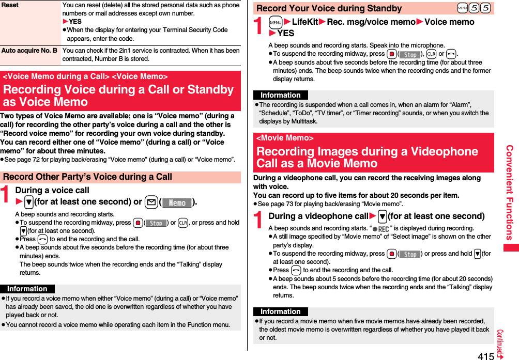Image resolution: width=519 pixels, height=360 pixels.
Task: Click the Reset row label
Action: tap(10, 5)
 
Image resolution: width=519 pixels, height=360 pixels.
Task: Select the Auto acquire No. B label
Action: tap(29, 51)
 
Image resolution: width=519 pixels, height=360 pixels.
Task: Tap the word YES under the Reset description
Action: tap(75, 22)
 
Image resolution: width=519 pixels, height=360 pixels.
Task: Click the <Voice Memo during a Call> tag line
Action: tap(85, 76)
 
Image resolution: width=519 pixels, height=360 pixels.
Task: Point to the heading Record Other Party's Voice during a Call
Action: tap(87, 177)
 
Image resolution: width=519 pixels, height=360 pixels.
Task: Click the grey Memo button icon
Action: tap(177, 202)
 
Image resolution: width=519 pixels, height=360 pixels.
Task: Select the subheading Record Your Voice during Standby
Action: tap(329, 8)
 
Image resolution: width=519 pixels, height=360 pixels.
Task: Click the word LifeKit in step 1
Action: tap(305, 22)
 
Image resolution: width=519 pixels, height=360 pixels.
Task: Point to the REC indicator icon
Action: tap(381, 229)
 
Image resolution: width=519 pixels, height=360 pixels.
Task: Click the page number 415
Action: tap(485, 355)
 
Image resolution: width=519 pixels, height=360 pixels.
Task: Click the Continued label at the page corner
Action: tap(501, 343)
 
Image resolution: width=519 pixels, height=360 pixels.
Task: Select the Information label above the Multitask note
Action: tap(281, 95)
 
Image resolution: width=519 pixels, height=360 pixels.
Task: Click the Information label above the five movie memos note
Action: tap(281, 311)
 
